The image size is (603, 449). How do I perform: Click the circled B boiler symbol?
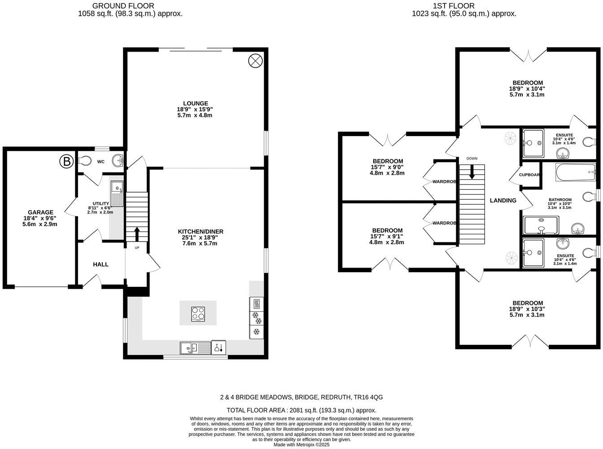point(66,161)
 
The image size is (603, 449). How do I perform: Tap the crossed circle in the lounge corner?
point(255,61)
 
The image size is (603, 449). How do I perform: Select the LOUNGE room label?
point(195,103)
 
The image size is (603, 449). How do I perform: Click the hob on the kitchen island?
point(198,313)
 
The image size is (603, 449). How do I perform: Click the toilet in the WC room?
point(85,161)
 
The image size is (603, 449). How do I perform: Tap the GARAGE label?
point(40,212)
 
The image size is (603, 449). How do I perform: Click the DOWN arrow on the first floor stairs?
point(472,172)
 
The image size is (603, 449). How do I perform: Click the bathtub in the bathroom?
point(576,172)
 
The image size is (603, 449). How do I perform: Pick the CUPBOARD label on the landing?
point(530,175)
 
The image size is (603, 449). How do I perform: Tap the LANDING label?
point(502,200)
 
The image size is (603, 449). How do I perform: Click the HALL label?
point(100,264)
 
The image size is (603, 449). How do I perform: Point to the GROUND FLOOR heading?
point(123,6)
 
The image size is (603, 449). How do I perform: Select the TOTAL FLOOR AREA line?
point(301,410)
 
